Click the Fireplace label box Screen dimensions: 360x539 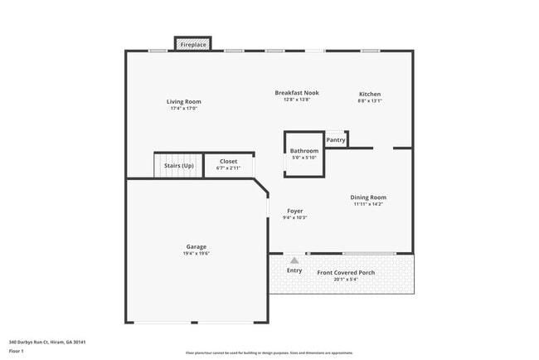(x=192, y=44)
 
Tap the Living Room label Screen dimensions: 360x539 (x=183, y=102)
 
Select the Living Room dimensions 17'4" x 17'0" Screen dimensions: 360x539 (x=183, y=109)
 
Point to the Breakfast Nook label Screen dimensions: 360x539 (x=297, y=93)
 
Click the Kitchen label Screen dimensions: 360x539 (x=370, y=94)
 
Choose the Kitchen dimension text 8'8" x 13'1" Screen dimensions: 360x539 (x=370, y=100)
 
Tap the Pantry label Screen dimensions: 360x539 (x=336, y=140)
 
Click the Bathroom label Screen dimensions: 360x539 (x=304, y=151)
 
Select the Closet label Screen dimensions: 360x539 (x=228, y=162)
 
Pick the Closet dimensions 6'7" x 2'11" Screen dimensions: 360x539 (x=228, y=168)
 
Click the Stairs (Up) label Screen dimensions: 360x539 (x=179, y=165)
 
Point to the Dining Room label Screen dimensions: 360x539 (x=368, y=197)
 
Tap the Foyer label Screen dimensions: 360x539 (x=295, y=212)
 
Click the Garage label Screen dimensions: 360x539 (x=196, y=246)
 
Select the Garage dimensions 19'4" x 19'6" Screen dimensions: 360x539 (x=196, y=253)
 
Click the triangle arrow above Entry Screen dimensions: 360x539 (x=294, y=260)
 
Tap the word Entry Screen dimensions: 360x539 (x=294, y=270)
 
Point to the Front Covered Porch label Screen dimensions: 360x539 (x=346, y=272)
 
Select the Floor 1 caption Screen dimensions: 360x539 (x=17, y=351)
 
